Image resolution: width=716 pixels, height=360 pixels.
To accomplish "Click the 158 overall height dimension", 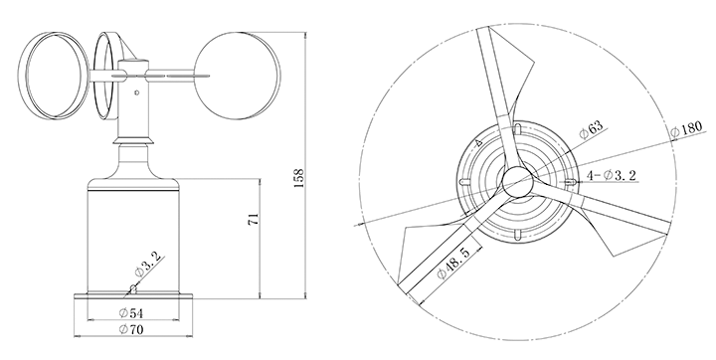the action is click(298, 178).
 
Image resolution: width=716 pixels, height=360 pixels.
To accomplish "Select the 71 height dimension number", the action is click(254, 219).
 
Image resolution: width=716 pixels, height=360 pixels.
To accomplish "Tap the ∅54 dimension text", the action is click(131, 313).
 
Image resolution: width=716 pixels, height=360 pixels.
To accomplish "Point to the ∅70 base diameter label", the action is click(131, 329).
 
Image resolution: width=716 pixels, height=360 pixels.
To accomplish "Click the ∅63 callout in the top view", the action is click(591, 129).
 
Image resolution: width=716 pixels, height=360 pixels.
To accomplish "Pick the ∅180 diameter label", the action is click(685, 129).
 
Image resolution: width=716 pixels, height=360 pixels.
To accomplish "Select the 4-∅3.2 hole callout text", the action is click(611, 175).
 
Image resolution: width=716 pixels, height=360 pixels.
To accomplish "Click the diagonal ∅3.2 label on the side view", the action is click(148, 265).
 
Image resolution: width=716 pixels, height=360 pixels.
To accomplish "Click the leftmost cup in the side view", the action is click(55, 76).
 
